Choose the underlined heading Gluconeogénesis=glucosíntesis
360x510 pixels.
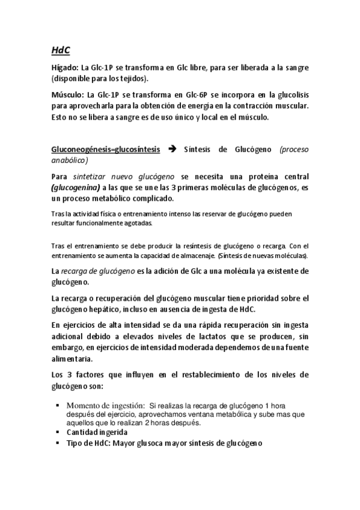coord(105,150)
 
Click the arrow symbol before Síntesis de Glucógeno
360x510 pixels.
coord(171,150)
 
